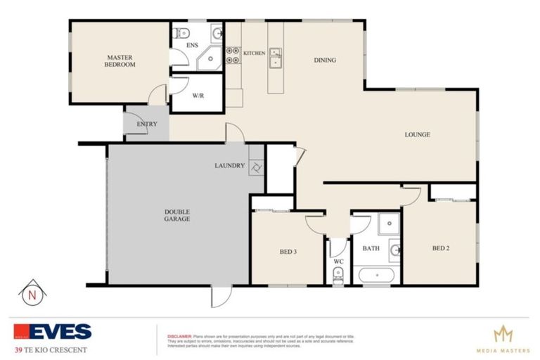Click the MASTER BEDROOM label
point(121,60)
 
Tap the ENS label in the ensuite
point(192,46)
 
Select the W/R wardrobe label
point(198,96)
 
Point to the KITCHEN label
point(254,53)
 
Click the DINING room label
point(324,60)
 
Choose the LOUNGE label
point(417,134)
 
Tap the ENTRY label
point(147,124)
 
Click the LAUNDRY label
point(229,166)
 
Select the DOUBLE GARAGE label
point(177,215)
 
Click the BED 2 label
point(440,248)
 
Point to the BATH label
point(371,248)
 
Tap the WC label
point(337,262)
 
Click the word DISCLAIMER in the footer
point(179,335)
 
